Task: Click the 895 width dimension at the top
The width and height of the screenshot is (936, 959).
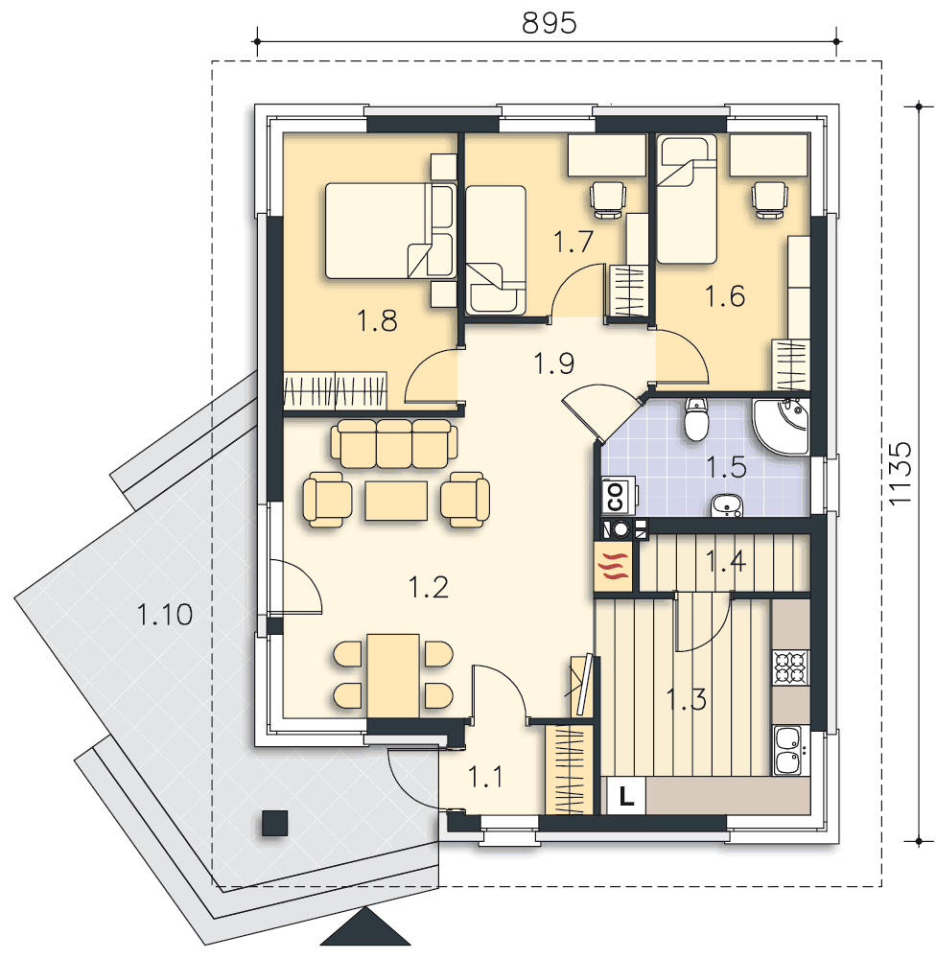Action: (549, 24)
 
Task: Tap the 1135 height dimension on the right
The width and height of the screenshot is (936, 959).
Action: (901, 474)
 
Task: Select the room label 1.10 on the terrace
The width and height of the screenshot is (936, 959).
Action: (165, 614)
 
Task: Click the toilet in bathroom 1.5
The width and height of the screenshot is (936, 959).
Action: (695, 419)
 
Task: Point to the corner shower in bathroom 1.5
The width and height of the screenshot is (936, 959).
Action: (783, 427)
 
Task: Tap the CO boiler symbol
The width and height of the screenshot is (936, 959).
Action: (616, 496)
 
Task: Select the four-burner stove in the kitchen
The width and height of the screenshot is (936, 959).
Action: (791, 667)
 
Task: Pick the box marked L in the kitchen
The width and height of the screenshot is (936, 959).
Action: (626, 796)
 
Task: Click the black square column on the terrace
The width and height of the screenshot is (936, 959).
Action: (274, 823)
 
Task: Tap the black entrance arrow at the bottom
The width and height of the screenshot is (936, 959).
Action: (365, 927)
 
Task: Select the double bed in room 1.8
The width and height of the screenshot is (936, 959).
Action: (389, 230)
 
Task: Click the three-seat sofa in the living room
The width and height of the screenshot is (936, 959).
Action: (394, 444)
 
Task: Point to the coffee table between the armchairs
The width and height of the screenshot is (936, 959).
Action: (396, 501)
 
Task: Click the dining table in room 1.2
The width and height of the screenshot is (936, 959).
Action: (393, 675)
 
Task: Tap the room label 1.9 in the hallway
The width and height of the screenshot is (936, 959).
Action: (553, 363)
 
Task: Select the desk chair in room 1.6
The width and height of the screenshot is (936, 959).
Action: (768, 199)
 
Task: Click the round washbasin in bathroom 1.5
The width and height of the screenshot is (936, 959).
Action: (727, 505)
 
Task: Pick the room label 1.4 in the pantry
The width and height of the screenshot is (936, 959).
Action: (726, 561)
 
